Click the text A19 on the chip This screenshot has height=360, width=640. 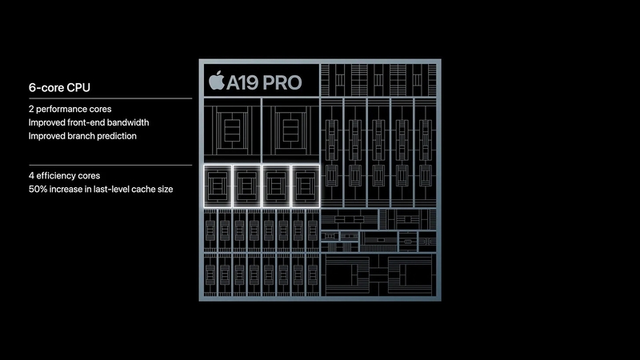[x=242, y=83]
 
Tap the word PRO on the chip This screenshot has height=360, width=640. [x=282, y=83]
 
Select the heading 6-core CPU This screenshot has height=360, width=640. [x=59, y=87]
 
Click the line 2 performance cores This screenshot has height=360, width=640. [x=70, y=109]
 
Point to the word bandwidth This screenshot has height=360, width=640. [x=128, y=122]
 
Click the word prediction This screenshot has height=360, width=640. [x=118, y=136]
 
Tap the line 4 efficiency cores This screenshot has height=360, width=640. [x=64, y=175]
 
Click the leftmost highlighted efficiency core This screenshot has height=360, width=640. [x=218, y=186]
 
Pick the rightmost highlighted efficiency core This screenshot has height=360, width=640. [x=306, y=186]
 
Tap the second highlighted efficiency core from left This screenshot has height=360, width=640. [x=247, y=186]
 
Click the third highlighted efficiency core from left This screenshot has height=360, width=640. [x=276, y=186]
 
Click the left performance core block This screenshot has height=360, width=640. [x=232, y=130]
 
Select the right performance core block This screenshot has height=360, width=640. [x=290, y=130]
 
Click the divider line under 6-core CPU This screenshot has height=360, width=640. [x=110, y=98]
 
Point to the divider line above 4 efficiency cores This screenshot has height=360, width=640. [x=110, y=166]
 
